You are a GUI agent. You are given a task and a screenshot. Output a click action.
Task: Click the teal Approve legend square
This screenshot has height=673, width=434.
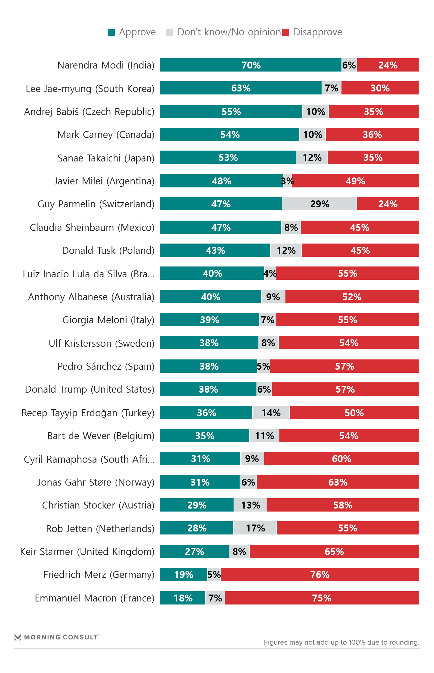(111, 32)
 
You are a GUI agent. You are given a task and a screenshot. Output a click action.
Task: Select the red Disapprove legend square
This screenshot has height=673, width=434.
(286, 32)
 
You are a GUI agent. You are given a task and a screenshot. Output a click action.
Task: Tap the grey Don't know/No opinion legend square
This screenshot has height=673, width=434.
(170, 32)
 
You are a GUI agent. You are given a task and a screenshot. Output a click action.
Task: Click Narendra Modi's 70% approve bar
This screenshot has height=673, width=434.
(250, 65)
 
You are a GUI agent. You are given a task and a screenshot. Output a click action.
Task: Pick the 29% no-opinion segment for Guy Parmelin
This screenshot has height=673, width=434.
(319, 204)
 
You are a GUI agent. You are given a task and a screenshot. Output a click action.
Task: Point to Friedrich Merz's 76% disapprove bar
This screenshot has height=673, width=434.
(319, 575)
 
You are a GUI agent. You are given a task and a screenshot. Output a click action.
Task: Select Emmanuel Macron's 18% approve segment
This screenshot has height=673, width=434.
(183, 598)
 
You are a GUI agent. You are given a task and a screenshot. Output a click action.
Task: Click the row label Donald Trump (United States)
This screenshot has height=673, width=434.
(90, 389)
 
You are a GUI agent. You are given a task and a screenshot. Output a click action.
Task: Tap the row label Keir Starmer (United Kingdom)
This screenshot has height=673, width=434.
(87, 552)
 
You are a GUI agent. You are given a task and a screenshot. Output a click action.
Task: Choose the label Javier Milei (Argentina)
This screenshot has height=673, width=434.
(104, 181)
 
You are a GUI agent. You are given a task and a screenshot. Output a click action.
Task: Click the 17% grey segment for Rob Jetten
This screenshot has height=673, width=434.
(255, 528)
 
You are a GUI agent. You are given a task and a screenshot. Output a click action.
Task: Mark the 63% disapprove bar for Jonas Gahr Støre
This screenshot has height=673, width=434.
(338, 482)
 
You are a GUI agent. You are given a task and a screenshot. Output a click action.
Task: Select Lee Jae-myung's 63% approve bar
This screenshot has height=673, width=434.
(241, 88)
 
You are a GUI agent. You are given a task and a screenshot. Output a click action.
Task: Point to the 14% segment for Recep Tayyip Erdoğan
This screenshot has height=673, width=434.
(271, 413)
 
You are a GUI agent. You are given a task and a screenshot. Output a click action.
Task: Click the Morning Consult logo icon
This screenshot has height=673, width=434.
(18, 637)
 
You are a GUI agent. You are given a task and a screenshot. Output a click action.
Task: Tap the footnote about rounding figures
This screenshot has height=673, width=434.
(341, 642)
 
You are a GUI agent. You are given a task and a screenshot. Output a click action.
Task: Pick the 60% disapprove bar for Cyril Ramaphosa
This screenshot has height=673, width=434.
(341, 459)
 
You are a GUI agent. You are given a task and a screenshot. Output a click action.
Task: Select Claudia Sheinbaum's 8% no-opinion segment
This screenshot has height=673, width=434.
(291, 228)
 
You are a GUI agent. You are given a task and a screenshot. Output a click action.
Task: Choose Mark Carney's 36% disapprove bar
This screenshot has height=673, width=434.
(372, 135)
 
